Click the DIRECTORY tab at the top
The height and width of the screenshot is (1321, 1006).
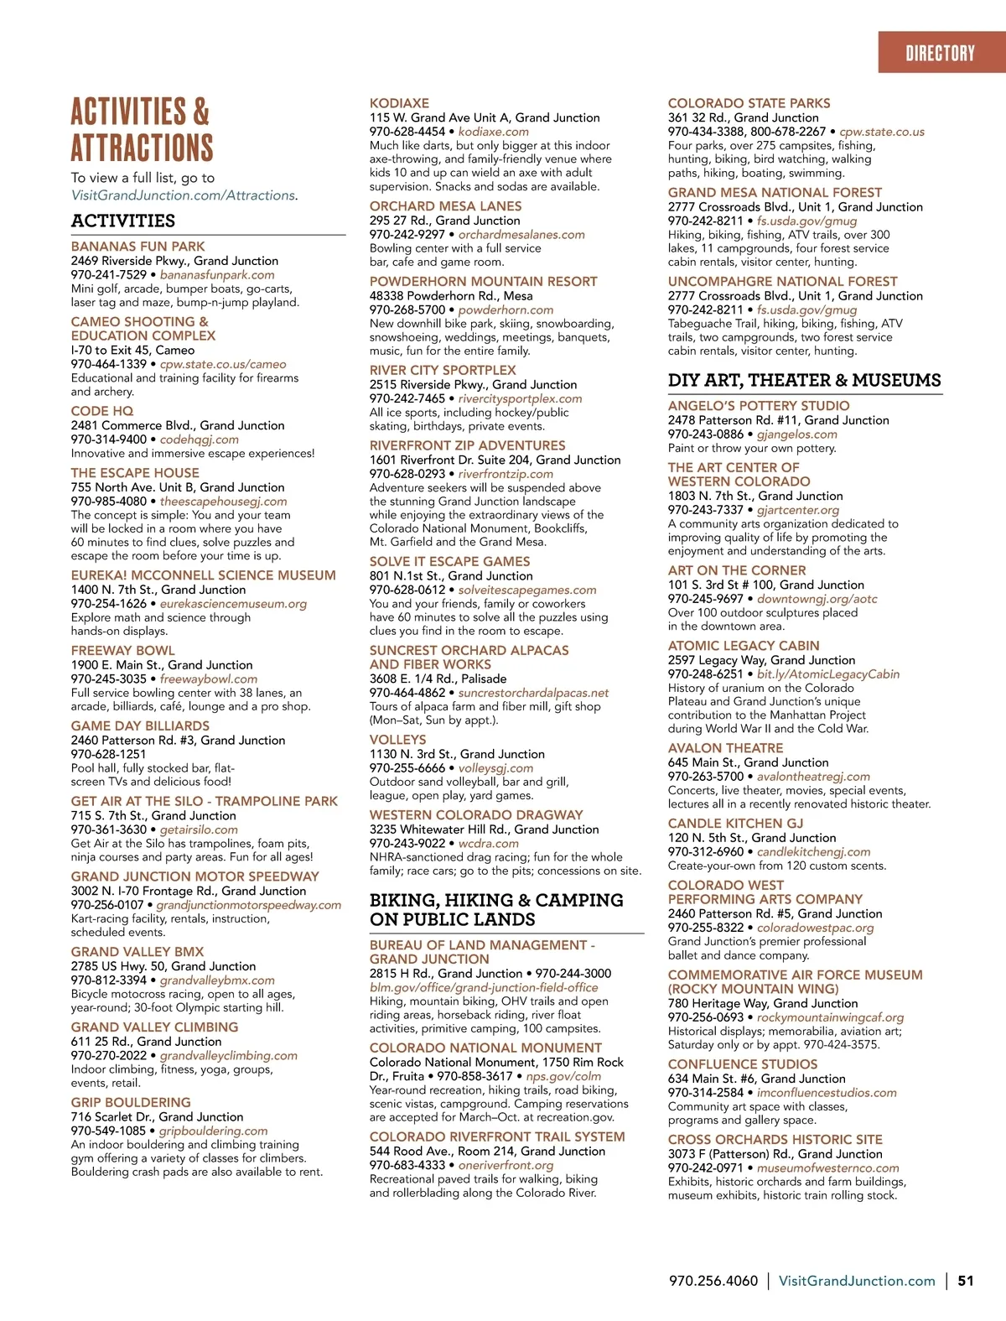point(940,54)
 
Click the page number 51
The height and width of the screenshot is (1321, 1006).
point(966,1281)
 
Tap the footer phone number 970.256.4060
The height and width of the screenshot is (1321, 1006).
point(713,1281)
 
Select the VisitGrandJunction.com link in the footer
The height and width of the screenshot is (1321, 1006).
point(857,1281)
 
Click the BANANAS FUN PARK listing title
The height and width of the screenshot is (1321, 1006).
point(137,247)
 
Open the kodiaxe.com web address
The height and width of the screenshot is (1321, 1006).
point(493,132)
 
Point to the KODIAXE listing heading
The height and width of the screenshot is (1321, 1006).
point(399,103)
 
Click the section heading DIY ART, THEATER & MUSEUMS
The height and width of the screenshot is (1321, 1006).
point(804,380)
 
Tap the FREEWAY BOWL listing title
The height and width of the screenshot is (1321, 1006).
point(122,651)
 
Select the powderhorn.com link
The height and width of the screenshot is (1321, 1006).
point(506,309)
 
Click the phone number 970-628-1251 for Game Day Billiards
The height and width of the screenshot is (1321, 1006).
point(108,754)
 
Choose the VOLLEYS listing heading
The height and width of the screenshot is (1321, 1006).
point(397,740)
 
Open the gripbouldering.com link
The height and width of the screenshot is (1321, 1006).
point(213,1131)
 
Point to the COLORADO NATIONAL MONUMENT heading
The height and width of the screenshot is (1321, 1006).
point(485,1048)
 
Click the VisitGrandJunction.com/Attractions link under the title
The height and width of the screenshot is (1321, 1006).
point(184,195)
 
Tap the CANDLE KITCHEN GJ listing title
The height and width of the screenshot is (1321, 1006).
point(735,824)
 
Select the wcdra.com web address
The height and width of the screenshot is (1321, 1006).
point(488,843)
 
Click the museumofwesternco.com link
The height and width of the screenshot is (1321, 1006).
point(827,1168)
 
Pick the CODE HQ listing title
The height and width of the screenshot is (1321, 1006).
point(102,411)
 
